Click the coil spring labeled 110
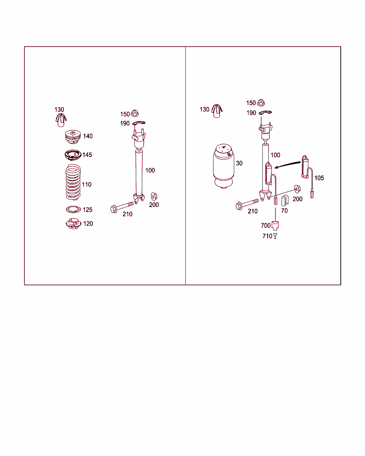73,182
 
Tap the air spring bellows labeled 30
224,166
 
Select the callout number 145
87,155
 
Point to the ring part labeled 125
73,209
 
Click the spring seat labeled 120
73,224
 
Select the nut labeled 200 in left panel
154,196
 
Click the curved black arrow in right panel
288,164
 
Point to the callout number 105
319,178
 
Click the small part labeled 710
275,236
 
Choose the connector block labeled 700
275,225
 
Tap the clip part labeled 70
284,201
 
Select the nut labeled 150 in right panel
261,103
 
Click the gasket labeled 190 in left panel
139,123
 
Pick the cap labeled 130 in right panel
216,111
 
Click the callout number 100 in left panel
150,170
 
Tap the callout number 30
239,163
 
